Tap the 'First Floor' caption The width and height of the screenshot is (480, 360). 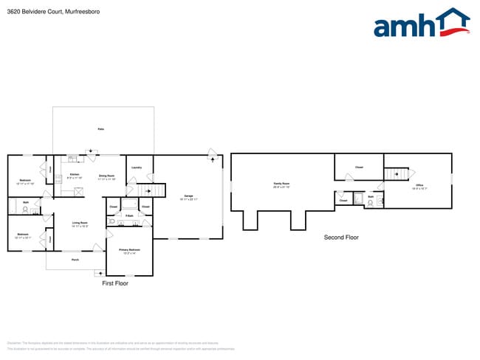tap(116, 283)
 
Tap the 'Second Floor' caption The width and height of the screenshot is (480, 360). tap(341, 237)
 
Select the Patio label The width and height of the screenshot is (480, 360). tap(100, 129)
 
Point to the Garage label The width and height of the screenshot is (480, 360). tap(188, 197)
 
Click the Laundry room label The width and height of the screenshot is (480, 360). tap(137, 167)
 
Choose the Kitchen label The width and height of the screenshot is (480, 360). tap(74, 175)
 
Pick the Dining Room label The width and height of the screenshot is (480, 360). tap(107, 176)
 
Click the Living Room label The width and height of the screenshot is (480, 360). tap(80, 223)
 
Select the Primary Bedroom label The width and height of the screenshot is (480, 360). tap(129, 250)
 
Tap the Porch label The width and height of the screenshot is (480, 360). tap(75, 260)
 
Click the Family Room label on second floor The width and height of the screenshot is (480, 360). tap(281, 184)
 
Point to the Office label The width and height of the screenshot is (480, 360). tap(419, 186)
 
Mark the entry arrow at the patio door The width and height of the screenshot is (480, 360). tap(91, 153)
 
